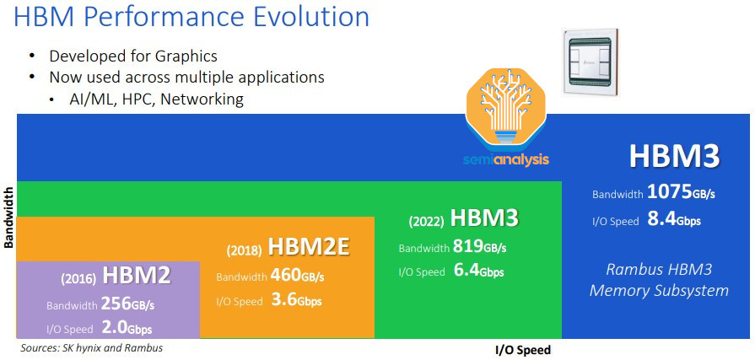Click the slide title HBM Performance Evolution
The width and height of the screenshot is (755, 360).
[192, 18]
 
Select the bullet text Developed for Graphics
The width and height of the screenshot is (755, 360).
[133, 56]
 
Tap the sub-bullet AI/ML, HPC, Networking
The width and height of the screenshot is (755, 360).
[157, 99]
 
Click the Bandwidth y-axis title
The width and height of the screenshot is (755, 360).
[9, 217]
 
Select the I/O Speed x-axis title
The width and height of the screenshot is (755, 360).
[522, 349]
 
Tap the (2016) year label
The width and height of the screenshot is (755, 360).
[78, 277]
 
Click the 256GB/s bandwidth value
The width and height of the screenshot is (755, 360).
[128, 304]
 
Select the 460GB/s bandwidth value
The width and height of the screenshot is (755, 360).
[298, 276]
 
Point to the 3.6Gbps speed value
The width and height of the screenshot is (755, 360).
[296, 300]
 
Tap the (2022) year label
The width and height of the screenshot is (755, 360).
[427, 222]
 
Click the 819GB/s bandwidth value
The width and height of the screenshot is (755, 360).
[480, 247]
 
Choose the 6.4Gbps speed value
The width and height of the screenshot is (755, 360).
[479, 271]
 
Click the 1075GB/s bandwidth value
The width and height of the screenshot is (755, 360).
[682, 193]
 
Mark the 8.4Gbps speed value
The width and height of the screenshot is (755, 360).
[673, 221]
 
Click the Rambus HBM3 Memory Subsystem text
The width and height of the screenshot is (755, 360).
[659, 280]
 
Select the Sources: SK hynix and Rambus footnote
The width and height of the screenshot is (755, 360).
[92, 347]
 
